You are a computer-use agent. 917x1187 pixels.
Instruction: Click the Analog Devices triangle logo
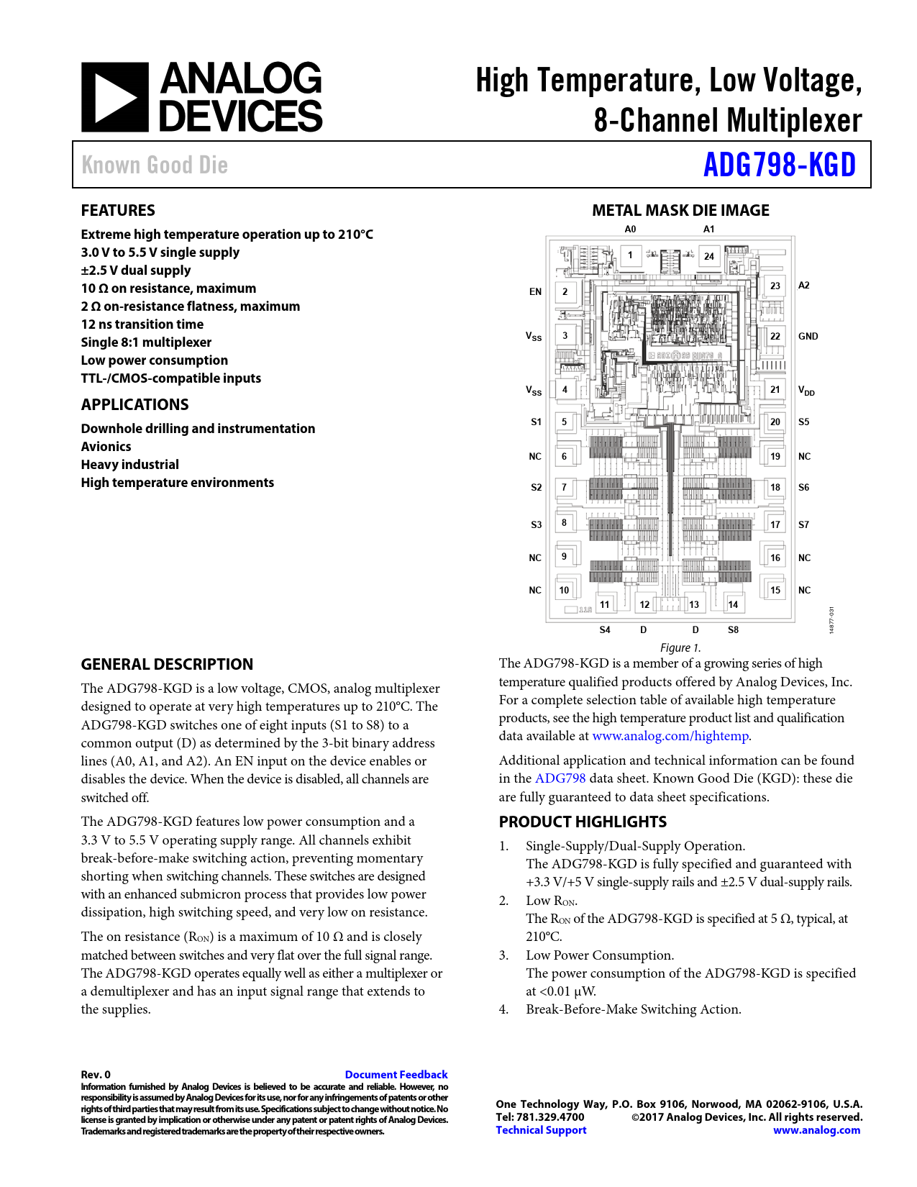(x=115, y=97)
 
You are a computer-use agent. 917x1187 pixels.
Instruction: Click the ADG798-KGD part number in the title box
(x=780, y=165)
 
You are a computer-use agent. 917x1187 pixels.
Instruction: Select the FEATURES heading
(x=118, y=211)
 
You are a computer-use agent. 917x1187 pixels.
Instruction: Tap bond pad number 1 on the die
(x=631, y=255)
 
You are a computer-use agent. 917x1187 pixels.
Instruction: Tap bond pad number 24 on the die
(x=709, y=256)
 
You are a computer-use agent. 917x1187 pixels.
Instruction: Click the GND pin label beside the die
(x=808, y=336)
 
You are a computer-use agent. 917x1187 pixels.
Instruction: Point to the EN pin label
(x=535, y=291)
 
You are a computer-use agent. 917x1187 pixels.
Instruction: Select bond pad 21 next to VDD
(x=775, y=389)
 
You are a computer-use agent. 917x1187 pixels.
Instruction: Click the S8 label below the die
(x=733, y=629)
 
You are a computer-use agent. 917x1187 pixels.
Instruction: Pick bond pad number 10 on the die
(x=564, y=590)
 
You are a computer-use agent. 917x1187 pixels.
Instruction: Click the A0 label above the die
(x=630, y=229)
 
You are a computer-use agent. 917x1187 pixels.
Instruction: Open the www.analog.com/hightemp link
(x=670, y=736)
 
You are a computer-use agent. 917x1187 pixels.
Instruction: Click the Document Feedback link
(x=396, y=1075)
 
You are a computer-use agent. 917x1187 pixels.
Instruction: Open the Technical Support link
(x=541, y=1130)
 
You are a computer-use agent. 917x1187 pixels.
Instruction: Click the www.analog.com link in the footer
(x=816, y=1130)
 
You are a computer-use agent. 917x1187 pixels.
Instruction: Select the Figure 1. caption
(x=680, y=647)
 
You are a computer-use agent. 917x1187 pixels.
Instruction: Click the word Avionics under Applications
(x=106, y=447)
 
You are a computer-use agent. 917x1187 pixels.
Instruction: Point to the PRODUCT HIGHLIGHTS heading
(x=583, y=822)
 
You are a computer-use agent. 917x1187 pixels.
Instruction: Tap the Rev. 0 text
(x=96, y=1075)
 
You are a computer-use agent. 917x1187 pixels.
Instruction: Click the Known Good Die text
(x=155, y=165)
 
